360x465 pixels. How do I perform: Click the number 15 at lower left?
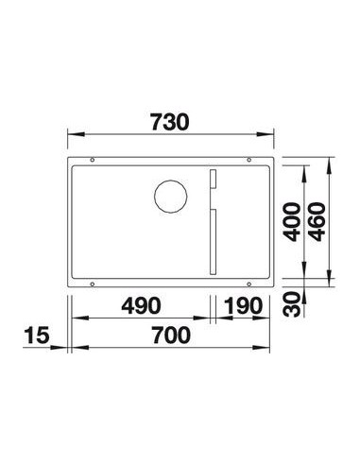(39, 336)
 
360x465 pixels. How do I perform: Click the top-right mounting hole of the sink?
(250, 160)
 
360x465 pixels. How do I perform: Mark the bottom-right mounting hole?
(250, 283)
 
